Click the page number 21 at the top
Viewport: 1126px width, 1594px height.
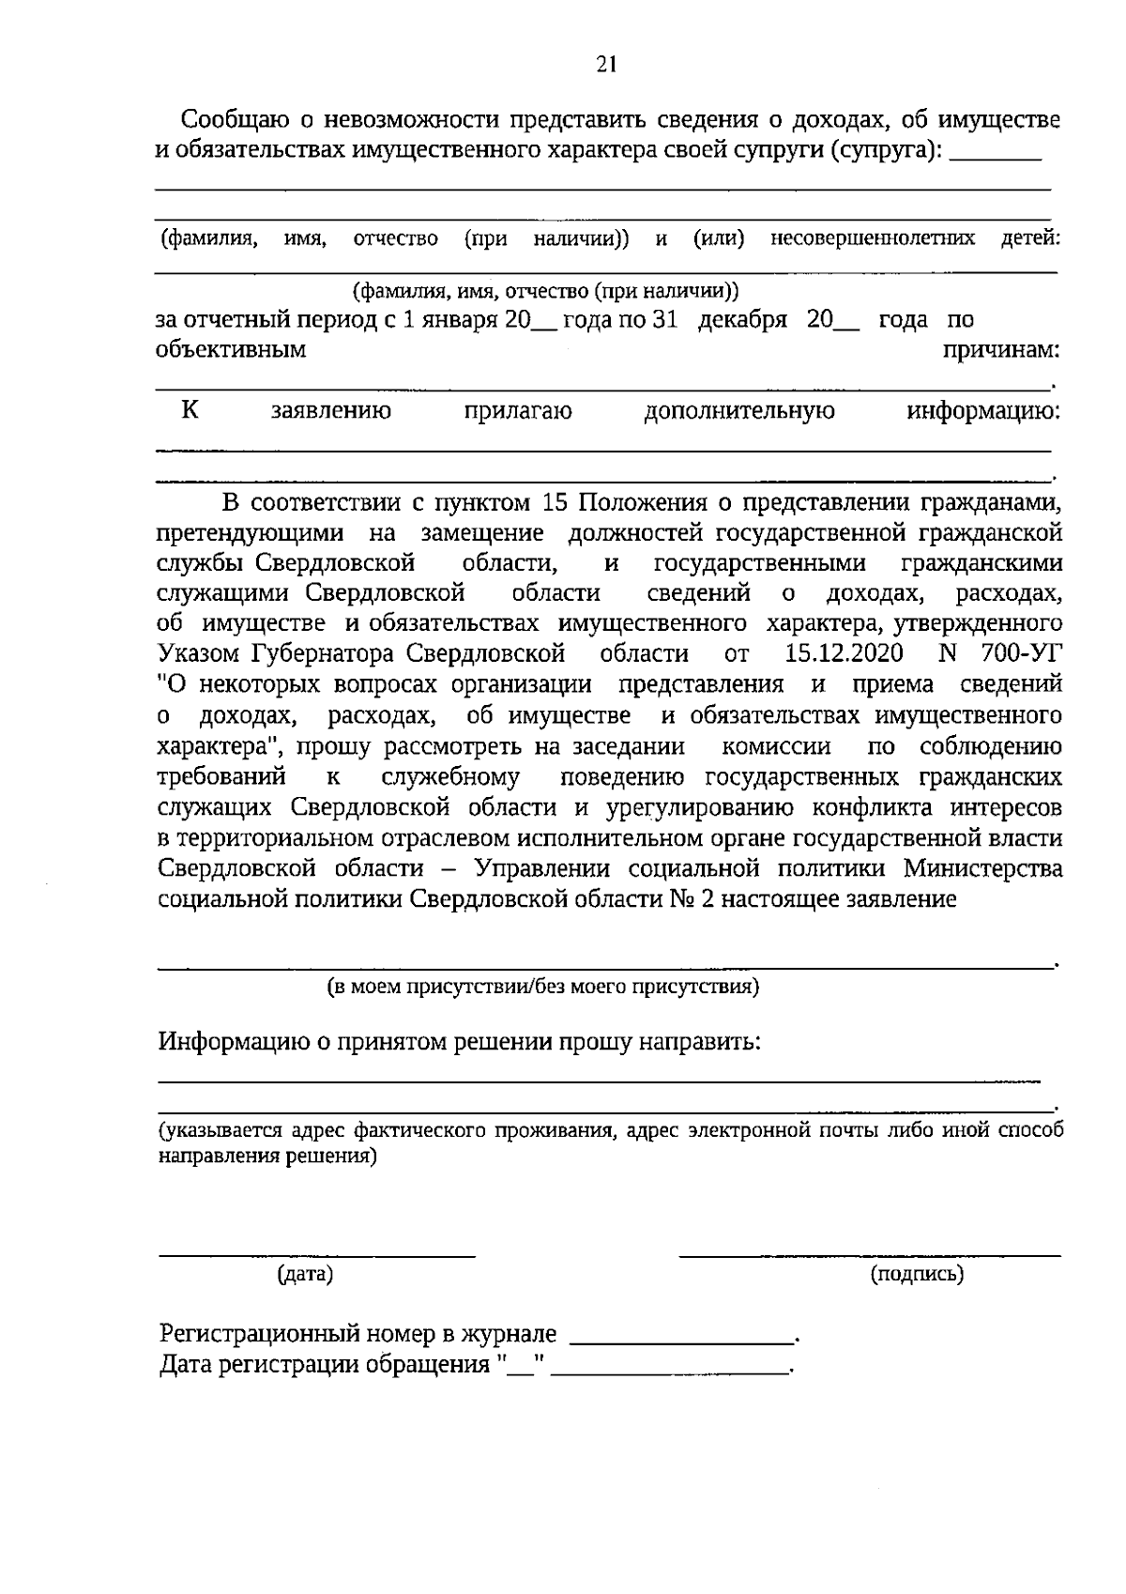coord(605,64)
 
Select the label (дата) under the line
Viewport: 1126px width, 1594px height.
coord(305,1274)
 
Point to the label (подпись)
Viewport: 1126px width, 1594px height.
coord(917,1274)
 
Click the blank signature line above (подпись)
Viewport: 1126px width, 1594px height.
coord(869,1253)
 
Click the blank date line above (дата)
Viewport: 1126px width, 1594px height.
coord(316,1253)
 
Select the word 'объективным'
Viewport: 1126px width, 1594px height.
coord(231,350)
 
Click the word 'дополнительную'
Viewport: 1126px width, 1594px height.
coord(739,411)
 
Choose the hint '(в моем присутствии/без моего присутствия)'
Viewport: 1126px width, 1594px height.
coord(542,987)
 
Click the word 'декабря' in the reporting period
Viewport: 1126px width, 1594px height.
coord(742,320)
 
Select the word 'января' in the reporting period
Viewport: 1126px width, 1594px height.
coord(457,320)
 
